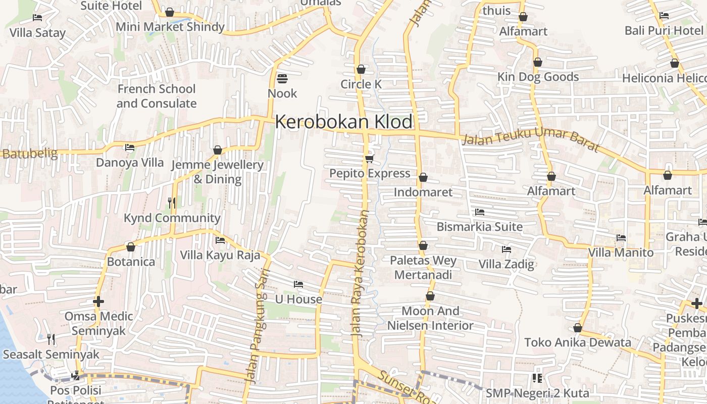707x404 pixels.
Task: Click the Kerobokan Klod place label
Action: point(343,122)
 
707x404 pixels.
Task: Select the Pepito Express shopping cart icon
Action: point(369,159)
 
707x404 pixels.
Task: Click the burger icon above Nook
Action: point(282,78)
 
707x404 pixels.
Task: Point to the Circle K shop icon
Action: point(361,69)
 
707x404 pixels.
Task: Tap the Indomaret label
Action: point(423,192)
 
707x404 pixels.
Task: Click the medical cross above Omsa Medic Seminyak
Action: point(98,301)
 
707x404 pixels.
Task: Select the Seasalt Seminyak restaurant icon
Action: point(50,339)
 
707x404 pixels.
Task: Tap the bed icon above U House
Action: point(298,284)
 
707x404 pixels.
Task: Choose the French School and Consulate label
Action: point(156,96)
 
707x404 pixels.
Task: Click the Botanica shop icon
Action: point(131,247)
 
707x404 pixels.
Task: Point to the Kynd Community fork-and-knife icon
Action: point(172,203)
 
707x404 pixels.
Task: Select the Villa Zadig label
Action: point(506,264)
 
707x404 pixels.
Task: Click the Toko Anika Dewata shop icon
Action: point(578,328)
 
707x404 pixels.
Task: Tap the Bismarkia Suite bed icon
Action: point(479,212)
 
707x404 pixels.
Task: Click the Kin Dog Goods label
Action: point(538,77)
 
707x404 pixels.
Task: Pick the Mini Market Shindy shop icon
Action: point(170,12)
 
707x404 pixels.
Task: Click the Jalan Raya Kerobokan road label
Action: point(360,273)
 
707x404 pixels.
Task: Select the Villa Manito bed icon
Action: point(621,237)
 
